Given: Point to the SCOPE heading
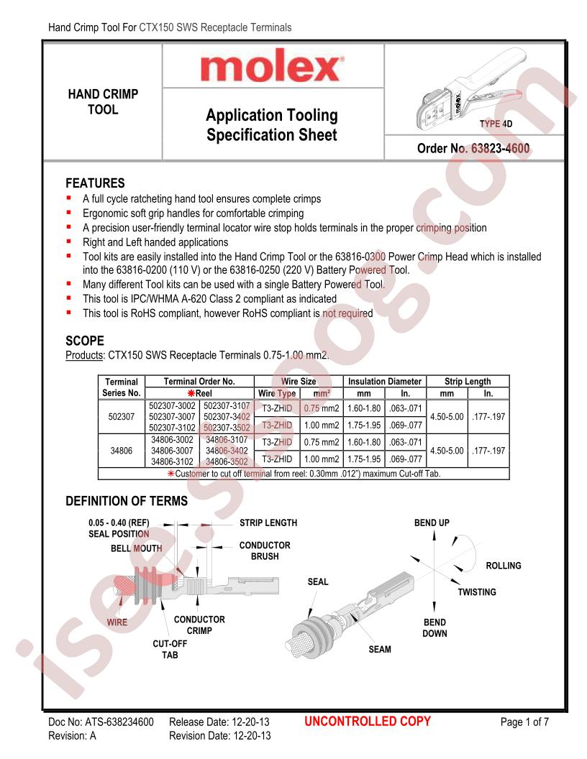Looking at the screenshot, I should tap(86, 341).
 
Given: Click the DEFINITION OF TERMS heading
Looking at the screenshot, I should tap(127, 501).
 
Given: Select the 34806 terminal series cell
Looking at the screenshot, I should tap(122, 452).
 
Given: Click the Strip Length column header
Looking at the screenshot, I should tap(468, 382).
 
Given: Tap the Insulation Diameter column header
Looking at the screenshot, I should tap(385, 382).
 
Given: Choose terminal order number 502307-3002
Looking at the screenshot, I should tap(174, 406).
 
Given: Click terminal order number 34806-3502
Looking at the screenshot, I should tap(227, 461).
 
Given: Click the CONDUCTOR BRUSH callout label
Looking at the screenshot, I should tap(265, 551).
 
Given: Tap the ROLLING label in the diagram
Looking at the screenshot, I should tap(504, 566).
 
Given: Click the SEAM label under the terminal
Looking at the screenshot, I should tap(380, 649).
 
